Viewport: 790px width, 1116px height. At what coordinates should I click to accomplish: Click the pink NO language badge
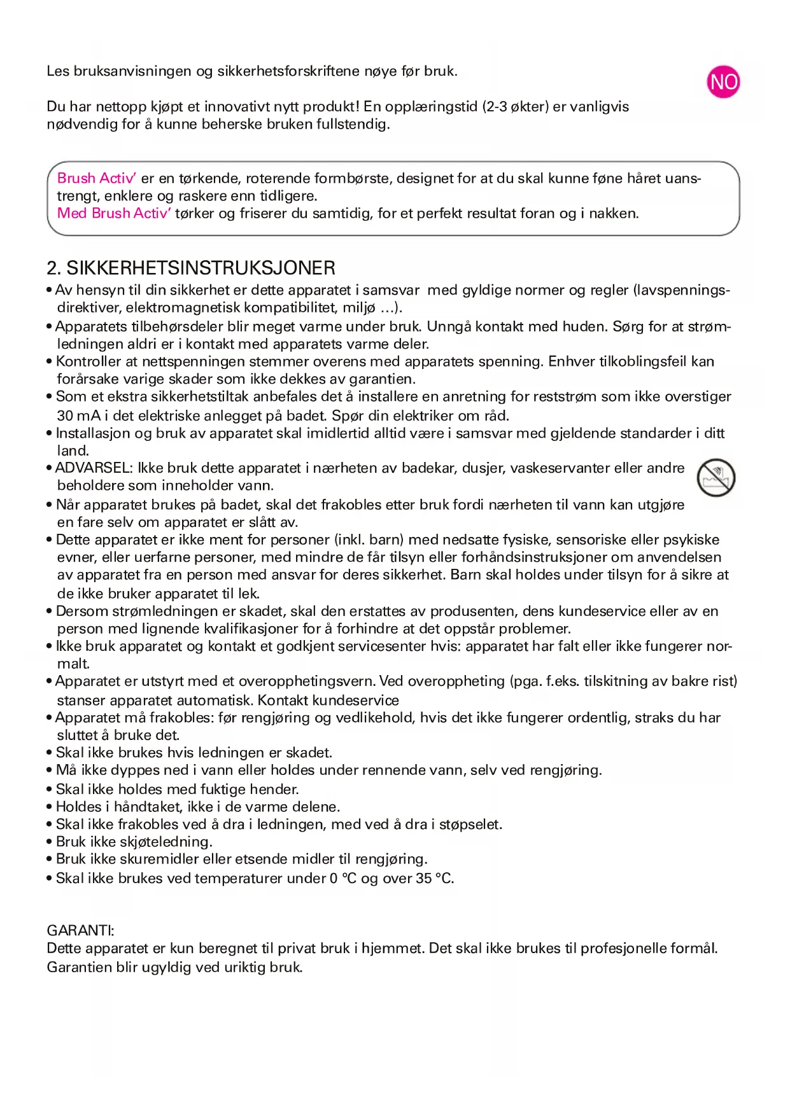tap(723, 82)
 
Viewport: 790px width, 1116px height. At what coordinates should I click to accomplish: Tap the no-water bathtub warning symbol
tap(716, 478)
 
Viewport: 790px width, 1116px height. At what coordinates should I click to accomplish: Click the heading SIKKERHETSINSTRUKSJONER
tap(201, 268)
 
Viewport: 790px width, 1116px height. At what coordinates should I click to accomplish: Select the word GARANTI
tap(80, 930)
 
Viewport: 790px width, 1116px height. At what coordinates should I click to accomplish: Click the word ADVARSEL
tap(93, 468)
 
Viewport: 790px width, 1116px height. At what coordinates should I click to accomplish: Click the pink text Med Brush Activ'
tap(114, 213)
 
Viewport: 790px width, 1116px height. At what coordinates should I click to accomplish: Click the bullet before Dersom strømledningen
tap(49, 611)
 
